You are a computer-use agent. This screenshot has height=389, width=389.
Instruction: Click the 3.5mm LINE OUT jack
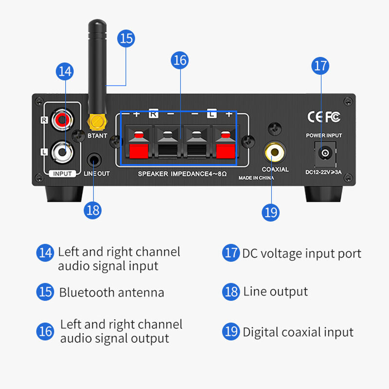94,159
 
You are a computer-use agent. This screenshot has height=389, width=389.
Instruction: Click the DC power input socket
324,153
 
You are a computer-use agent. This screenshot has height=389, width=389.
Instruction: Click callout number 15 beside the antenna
126,38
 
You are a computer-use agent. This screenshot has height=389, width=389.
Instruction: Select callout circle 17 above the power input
320,66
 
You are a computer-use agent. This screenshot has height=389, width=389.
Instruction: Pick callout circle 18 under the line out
92,210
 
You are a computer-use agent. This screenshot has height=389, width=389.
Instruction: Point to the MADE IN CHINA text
256,178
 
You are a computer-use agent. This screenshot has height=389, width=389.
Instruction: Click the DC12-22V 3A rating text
324,172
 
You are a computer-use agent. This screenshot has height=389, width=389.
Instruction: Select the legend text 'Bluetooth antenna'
111,293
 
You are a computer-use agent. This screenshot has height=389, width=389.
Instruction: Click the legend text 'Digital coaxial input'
298,332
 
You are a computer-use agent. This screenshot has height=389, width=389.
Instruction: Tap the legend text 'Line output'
275,292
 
